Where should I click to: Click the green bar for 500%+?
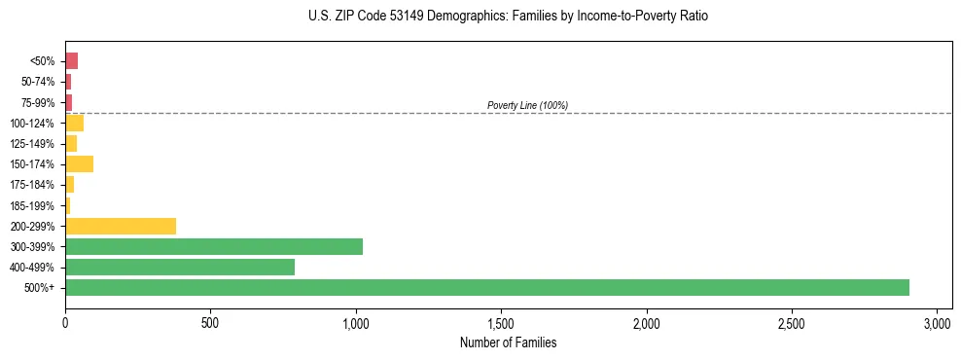coord(486,288)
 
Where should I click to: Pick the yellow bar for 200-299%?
coord(121,226)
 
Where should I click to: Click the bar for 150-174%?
coord(79,163)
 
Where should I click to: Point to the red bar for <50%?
coord(71,60)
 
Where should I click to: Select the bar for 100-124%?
coord(74,123)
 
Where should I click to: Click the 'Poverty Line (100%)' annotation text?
coord(527,105)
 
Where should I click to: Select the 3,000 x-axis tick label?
coord(937,322)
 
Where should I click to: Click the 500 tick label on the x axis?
coord(210,322)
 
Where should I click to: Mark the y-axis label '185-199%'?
coord(33,205)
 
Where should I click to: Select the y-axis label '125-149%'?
coord(33,143)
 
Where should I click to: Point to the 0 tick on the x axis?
coord(65,322)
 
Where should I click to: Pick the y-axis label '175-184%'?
coord(33,184)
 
